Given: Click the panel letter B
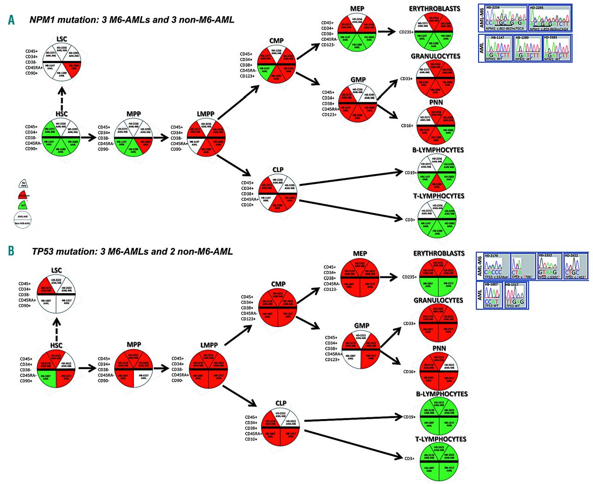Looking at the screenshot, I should click(11, 251).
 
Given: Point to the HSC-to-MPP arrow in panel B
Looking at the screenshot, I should click(87, 368).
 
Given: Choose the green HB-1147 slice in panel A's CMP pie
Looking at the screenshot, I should click(265, 70).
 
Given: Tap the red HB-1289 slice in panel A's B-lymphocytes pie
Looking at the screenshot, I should click(437, 184).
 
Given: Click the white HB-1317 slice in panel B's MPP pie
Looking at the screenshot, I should click(143, 378).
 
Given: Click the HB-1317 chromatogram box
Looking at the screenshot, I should click(515, 295).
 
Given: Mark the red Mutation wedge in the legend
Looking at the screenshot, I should click(24, 195).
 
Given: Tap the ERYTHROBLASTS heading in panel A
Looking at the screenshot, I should click(434, 9).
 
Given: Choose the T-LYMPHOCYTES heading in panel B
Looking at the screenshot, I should click(440, 439).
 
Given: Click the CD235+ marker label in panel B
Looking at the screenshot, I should click(409, 277).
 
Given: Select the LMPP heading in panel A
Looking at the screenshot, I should click(205, 114).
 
